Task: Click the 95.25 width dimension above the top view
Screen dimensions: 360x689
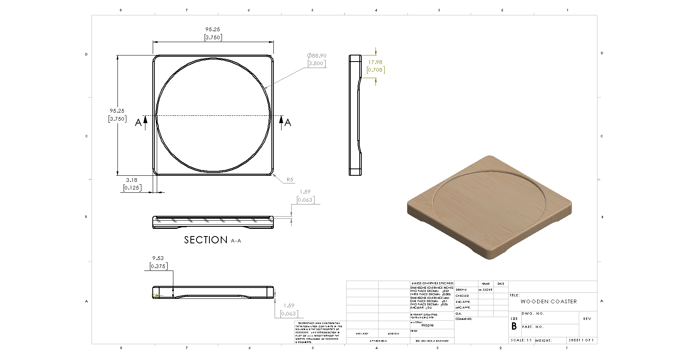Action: pyautogui.click(x=213, y=30)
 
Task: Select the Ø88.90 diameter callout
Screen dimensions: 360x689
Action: pyautogui.click(x=316, y=56)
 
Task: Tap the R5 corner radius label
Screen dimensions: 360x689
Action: pyautogui.click(x=290, y=180)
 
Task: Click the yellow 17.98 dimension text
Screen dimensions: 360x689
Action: pyautogui.click(x=375, y=62)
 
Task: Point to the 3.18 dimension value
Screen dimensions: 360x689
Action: pyautogui.click(x=132, y=180)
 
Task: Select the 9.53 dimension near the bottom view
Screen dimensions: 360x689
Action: pyautogui.click(x=158, y=258)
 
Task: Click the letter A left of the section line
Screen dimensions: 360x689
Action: pyautogui.click(x=139, y=122)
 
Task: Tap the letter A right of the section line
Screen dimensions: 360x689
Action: pyautogui.click(x=288, y=122)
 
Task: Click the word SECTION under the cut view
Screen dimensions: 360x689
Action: pyautogui.click(x=206, y=240)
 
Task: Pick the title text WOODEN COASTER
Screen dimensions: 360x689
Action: pyautogui.click(x=548, y=302)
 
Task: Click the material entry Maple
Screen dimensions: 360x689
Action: pyautogui.click(x=427, y=325)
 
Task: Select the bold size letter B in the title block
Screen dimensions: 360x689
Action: pyautogui.click(x=514, y=326)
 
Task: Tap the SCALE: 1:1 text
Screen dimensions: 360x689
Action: pyautogui.click(x=521, y=341)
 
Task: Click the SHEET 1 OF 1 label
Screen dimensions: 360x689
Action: pyautogui.click(x=581, y=341)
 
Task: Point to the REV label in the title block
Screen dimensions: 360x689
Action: pyautogui.click(x=587, y=319)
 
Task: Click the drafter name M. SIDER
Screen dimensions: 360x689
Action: pyautogui.click(x=485, y=290)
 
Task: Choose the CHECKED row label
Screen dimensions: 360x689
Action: pyautogui.click(x=462, y=296)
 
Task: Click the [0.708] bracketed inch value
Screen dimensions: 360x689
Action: pyautogui.click(x=375, y=70)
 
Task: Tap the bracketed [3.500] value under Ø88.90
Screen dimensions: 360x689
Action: pyautogui.click(x=316, y=64)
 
